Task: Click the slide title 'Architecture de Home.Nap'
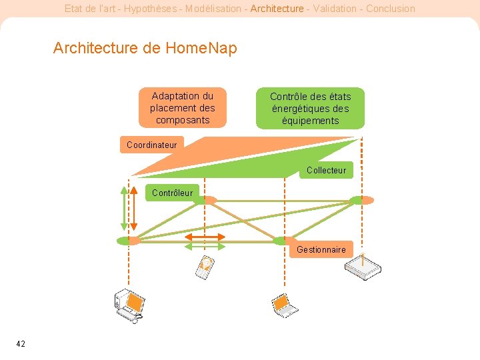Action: coord(145,48)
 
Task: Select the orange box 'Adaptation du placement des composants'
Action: coord(182,108)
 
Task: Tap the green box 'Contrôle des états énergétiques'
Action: coord(310,109)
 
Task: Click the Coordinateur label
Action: coord(151,145)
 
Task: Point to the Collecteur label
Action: coord(326,170)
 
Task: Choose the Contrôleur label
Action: coord(172,193)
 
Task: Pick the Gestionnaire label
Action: coord(321,249)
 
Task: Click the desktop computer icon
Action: coord(128,305)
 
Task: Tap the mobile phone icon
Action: coord(205,266)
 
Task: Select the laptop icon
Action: coord(285,305)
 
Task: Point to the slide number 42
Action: coord(21,343)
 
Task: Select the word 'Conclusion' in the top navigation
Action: coord(390,9)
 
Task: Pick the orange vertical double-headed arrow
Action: coord(133,207)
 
